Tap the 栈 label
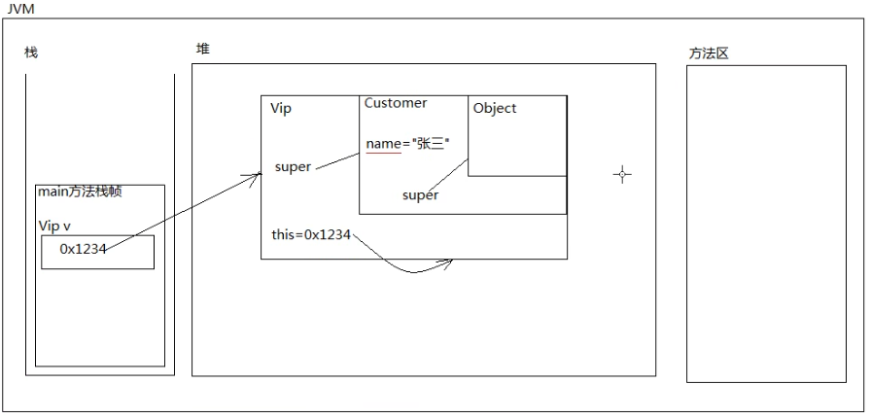click(x=31, y=52)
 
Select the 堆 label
click(x=202, y=49)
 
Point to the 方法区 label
click(x=709, y=53)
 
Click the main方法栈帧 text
click(x=80, y=192)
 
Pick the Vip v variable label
click(x=54, y=225)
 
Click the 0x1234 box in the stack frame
click(x=97, y=251)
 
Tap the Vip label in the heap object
click(x=281, y=108)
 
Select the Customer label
click(x=396, y=103)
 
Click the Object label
click(x=495, y=108)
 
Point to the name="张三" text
click(x=408, y=144)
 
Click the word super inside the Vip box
click(x=293, y=166)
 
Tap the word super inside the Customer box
click(x=420, y=195)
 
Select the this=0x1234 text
click(x=311, y=235)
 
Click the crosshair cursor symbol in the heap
click(x=622, y=174)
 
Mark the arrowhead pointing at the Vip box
click(x=258, y=175)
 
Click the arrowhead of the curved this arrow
click(x=450, y=261)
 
